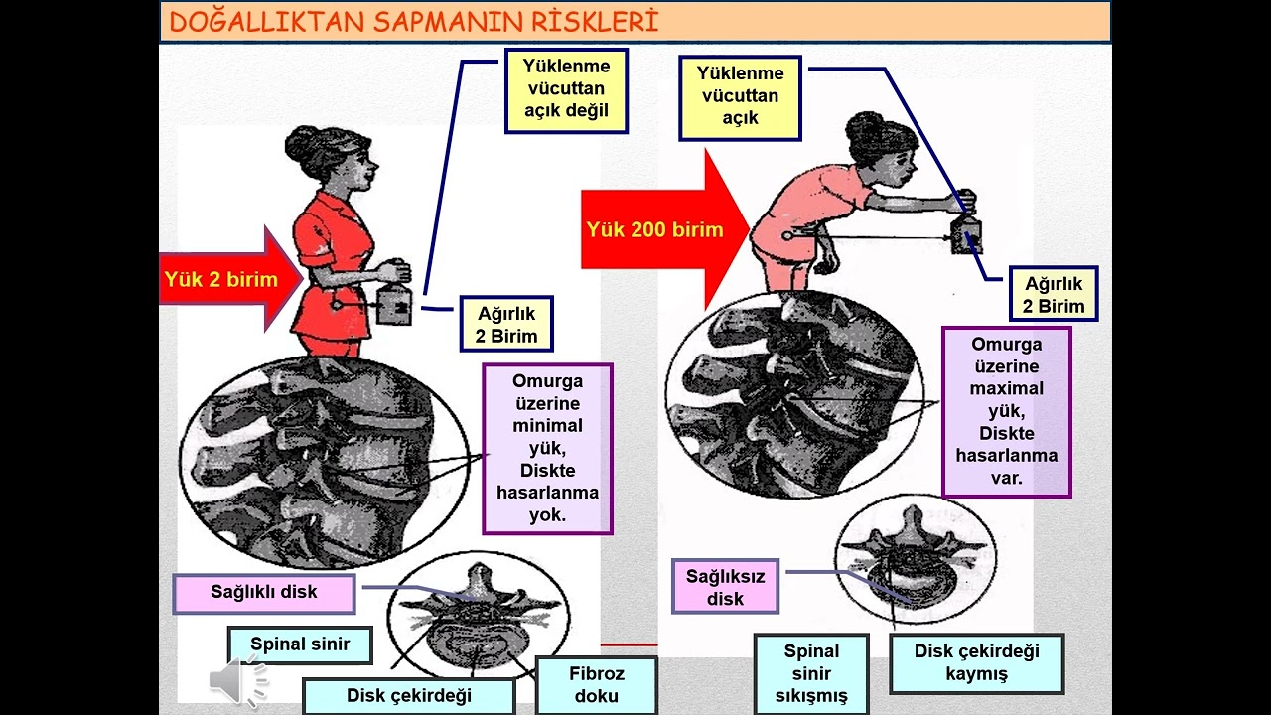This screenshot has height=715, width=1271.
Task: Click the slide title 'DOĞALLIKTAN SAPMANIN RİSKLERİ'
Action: coord(414,22)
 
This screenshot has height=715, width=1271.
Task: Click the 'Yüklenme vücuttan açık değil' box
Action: coord(566,90)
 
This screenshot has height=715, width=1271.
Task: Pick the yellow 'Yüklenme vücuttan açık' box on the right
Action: coord(740,97)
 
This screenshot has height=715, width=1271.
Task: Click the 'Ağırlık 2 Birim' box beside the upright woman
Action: coord(505,324)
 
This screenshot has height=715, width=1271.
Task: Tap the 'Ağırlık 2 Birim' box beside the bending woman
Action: coord(1054,294)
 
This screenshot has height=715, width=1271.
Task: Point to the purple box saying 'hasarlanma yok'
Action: coord(547,449)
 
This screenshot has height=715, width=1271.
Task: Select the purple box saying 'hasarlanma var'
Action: coord(1006,412)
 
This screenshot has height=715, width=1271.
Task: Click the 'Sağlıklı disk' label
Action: coord(263,593)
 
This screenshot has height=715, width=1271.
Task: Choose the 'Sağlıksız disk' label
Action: coord(725,587)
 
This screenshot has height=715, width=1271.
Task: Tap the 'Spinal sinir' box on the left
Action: coord(300,644)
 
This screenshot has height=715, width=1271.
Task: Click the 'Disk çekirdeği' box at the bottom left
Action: coord(408,695)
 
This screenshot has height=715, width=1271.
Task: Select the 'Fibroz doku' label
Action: coord(596,685)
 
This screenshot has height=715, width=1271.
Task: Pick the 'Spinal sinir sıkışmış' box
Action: coord(811,673)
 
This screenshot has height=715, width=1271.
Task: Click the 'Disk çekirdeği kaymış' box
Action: coord(976,663)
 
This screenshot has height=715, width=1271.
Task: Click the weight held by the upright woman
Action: coord(394,305)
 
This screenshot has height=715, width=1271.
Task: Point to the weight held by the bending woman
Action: coord(965,234)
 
